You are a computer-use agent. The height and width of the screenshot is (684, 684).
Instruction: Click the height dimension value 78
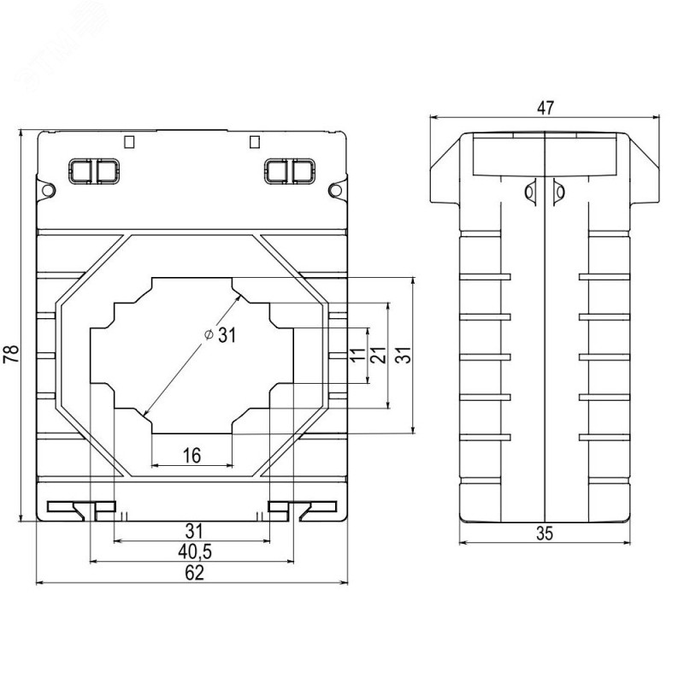(11, 354)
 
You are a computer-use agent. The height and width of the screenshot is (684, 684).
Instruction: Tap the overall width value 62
(194, 573)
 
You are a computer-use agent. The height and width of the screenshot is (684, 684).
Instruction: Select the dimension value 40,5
(195, 552)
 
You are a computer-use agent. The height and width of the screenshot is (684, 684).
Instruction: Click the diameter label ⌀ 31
(221, 335)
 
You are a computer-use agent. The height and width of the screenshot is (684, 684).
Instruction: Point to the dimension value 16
(192, 456)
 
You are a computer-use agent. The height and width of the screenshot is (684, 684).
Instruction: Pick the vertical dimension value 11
(357, 354)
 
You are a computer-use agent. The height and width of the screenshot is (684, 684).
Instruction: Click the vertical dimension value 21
(378, 355)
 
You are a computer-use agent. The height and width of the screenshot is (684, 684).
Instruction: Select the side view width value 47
(545, 108)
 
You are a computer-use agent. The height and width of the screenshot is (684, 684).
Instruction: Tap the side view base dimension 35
(545, 533)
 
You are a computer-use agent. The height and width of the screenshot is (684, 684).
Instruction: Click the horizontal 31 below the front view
(194, 531)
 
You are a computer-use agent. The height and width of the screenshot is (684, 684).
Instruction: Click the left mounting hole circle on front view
(49, 190)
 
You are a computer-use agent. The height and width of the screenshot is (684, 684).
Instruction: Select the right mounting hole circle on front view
(335, 190)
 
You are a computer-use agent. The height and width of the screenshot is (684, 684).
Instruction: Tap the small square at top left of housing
(129, 142)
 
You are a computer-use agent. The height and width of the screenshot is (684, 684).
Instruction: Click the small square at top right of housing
(255, 142)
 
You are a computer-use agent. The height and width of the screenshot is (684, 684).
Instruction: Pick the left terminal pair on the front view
(94, 172)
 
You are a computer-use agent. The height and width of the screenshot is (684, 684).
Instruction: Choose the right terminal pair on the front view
(290, 172)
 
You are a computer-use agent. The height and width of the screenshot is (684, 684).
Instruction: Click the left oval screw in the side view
(530, 192)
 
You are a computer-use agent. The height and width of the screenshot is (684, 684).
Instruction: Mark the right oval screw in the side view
(559, 192)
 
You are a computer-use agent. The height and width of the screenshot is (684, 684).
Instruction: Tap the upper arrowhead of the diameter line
(239, 297)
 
